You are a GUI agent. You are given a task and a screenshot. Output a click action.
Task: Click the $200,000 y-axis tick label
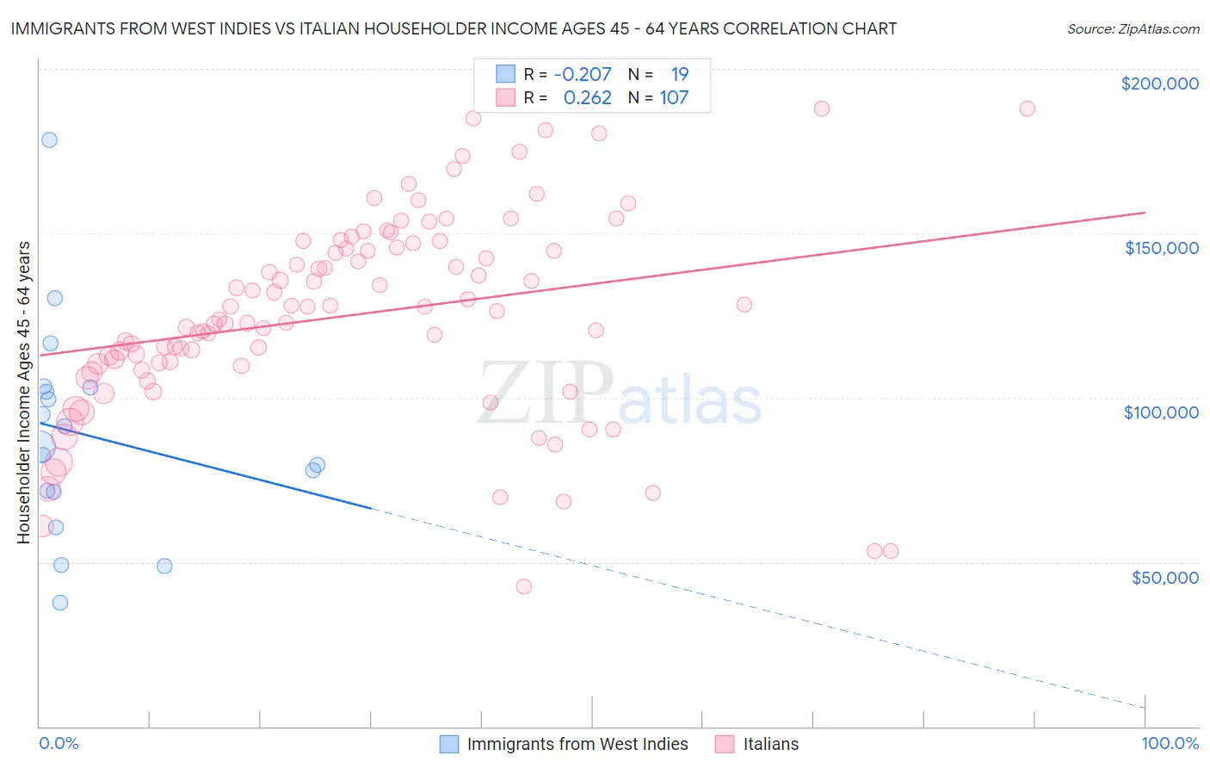coord(1159,84)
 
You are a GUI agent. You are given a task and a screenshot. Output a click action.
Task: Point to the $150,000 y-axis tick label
coord(1161,248)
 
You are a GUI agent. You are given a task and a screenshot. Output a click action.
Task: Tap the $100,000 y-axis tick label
coord(1161,412)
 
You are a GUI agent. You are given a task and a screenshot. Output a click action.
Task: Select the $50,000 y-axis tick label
coord(1164,578)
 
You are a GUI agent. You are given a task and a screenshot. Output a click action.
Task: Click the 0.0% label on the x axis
coord(59,743)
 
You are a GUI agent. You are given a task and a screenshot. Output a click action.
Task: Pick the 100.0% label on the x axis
coord(1170,743)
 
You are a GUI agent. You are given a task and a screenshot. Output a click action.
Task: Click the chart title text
coord(454,28)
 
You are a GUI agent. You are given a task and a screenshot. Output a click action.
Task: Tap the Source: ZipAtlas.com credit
coord(1133,28)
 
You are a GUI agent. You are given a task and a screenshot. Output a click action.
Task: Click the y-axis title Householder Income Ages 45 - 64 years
coord(23,393)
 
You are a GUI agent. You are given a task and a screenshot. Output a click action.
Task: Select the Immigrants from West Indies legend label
coord(577,744)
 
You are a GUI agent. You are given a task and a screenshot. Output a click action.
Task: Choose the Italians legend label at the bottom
coord(770,744)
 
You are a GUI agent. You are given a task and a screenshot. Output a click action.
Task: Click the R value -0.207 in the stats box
coord(582,74)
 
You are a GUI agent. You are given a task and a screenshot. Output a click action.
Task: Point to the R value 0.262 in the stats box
coord(587,98)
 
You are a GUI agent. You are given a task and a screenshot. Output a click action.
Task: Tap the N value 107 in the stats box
coord(674,98)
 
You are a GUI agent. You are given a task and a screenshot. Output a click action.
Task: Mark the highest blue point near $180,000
coord(49,139)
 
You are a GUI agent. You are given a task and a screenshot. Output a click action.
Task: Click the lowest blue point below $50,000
coord(59,603)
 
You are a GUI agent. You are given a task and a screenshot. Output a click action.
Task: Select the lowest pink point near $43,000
coord(523,586)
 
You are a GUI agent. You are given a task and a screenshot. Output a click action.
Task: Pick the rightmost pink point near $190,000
coord(1027,108)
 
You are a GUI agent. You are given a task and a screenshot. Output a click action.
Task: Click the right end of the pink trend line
coord(1145,212)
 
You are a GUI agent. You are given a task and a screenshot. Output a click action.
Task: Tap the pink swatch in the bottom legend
coord(725,744)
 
